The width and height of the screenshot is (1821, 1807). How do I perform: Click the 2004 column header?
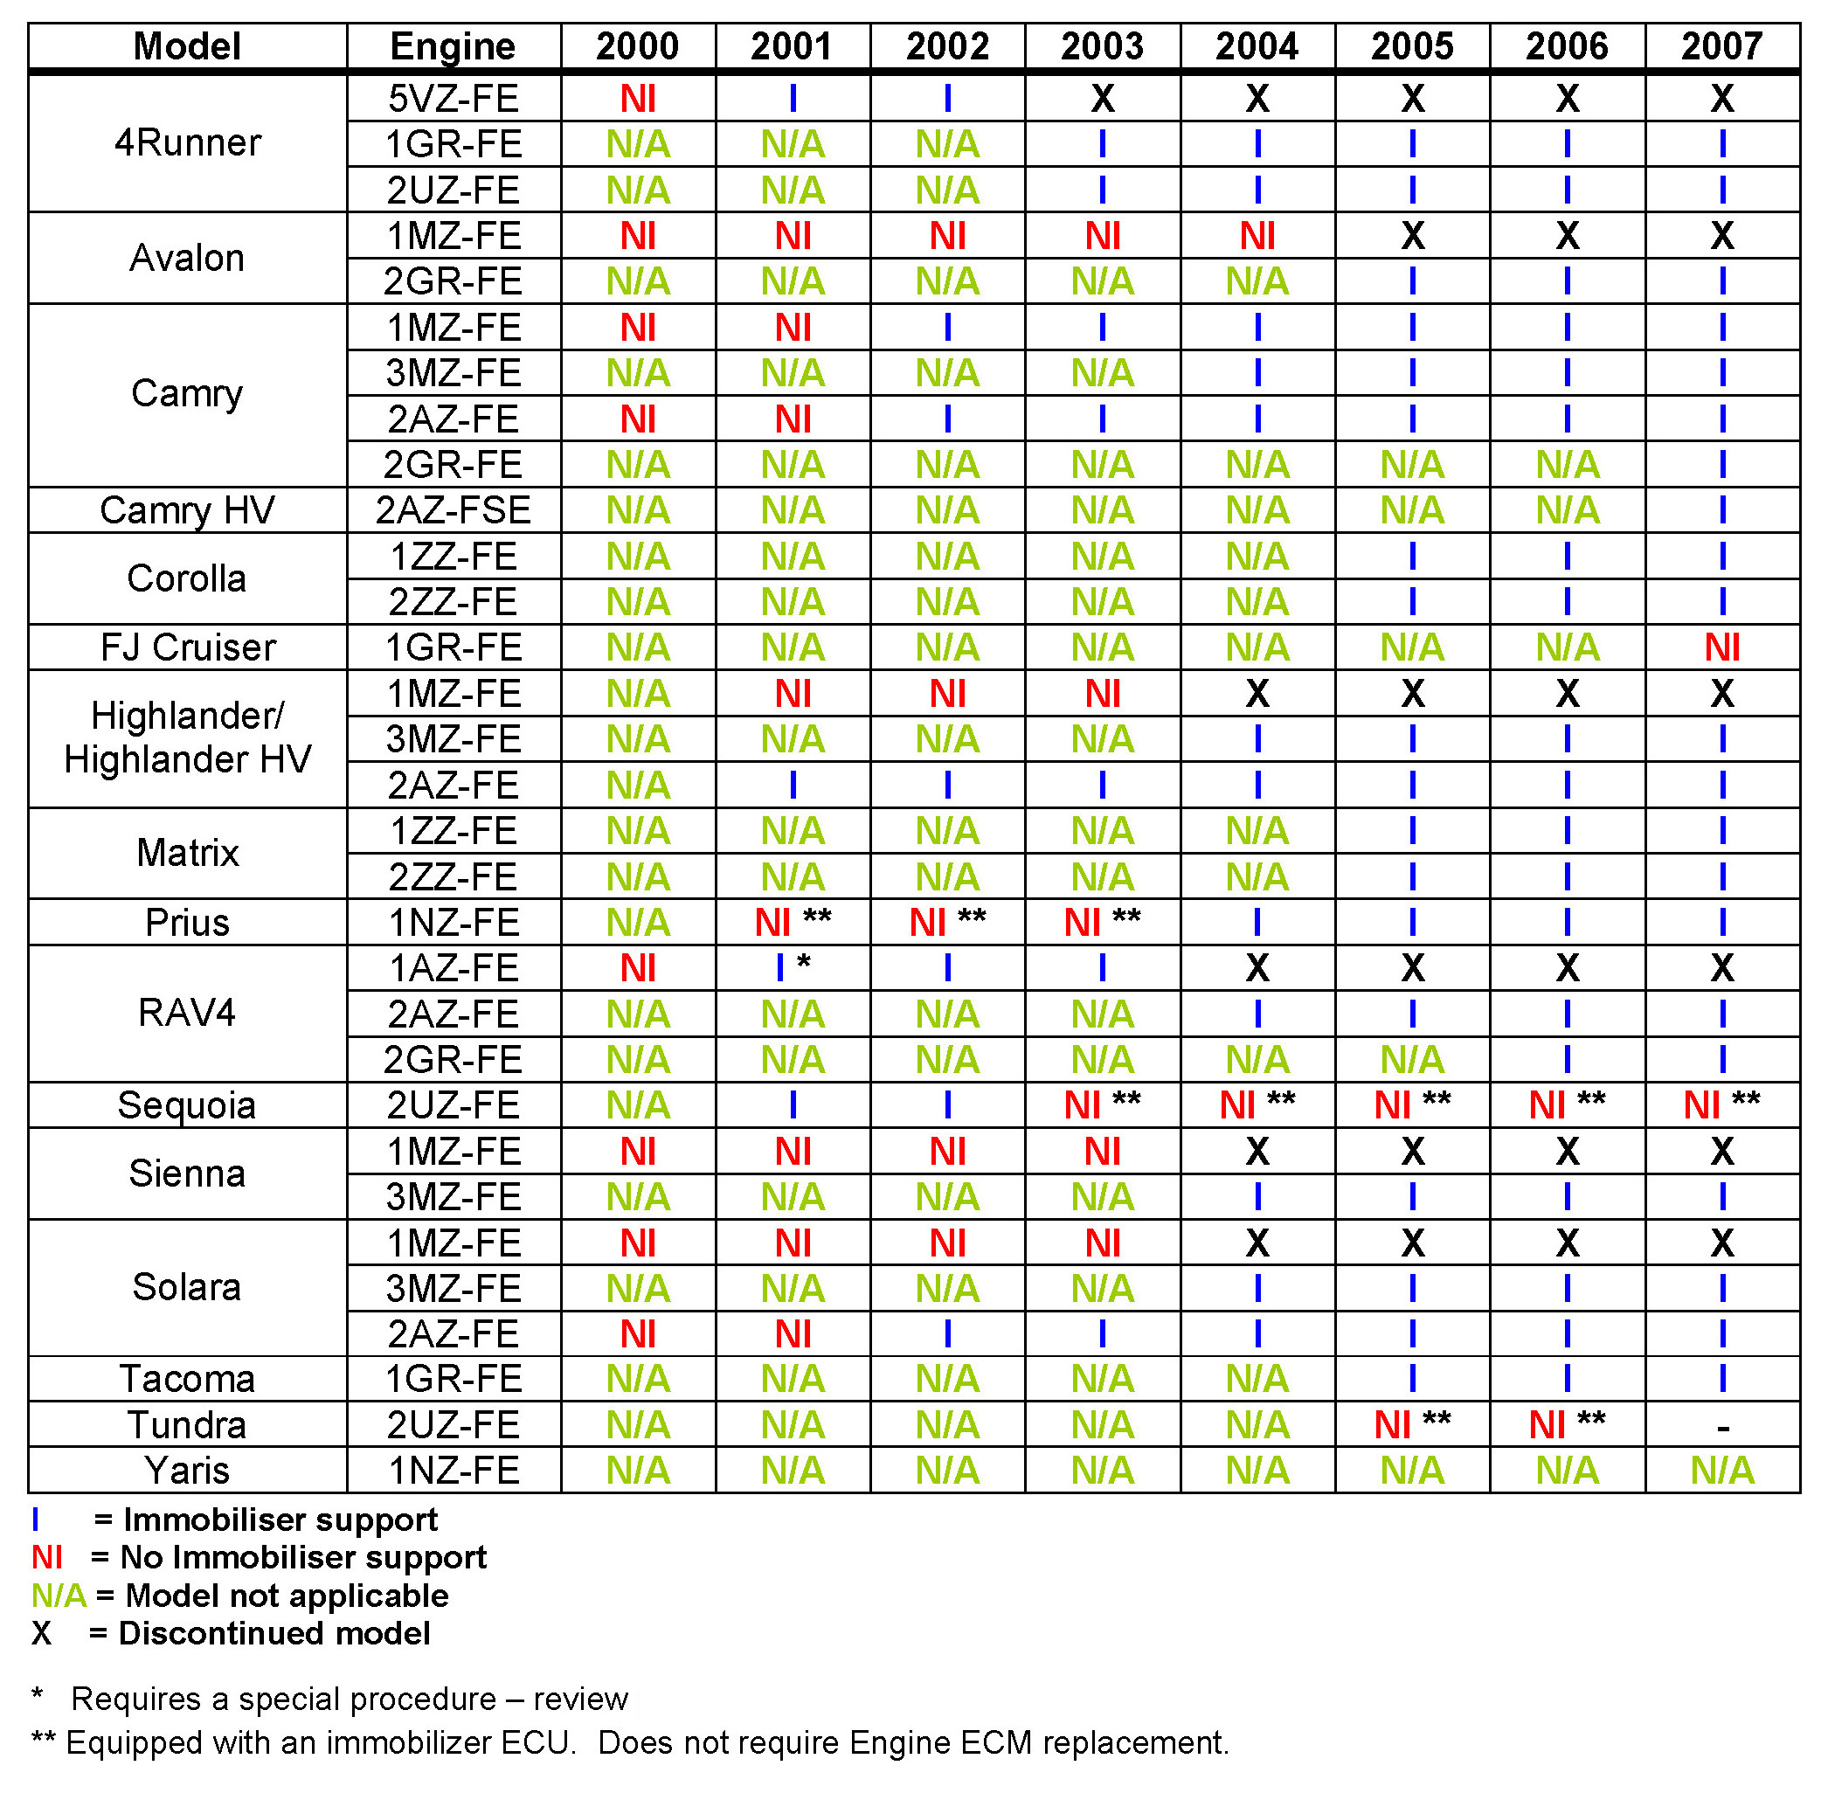pyautogui.click(x=1257, y=46)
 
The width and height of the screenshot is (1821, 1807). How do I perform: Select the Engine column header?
pyautogui.click(x=453, y=46)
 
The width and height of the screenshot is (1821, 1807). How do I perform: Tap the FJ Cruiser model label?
pyautogui.click(x=188, y=647)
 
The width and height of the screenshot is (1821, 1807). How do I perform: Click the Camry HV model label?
pyautogui.click(x=188, y=510)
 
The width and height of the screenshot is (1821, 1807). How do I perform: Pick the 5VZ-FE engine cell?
pyautogui.click(x=453, y=98)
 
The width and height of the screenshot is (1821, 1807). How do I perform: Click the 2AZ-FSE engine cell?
pyautogui.click(x=453, y=510)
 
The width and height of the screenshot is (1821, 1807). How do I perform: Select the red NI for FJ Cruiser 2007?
pyautogui.click(x=1721, y=647)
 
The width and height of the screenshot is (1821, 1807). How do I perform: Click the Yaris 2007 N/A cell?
pyautogui.click(x=1721, y=1470)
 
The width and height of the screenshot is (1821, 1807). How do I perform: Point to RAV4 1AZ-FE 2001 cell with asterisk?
pyautogui.click(x=792, y=967)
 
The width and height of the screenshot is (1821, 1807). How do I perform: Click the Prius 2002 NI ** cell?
pyautogui.click(x=947, y=922)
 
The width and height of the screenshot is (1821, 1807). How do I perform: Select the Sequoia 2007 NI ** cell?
pyautogui.click(x=1721, y=1104)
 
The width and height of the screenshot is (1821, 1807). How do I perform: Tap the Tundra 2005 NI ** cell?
pyautogui.click(x=1411, y=1424)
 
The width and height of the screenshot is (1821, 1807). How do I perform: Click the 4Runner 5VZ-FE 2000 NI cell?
pyautogui.click(x=637, y=98)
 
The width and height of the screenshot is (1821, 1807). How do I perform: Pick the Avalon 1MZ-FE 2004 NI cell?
pyautogui.click(x=1257, y=236)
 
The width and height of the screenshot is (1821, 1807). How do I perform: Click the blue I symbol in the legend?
pyautogui.click(x=36, y=1520)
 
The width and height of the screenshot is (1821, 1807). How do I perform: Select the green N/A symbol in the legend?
pyautogui.click(x=59, y=1595)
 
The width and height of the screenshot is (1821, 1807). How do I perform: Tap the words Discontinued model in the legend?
pyautogui.click(x=274, y=1632)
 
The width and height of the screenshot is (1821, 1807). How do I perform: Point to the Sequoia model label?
pyautogui.click(x=188, y=1104)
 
